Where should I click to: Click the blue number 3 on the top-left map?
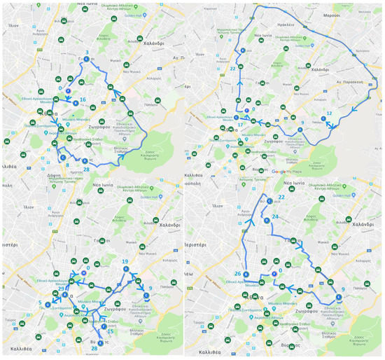86,53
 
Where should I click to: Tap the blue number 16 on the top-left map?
83,100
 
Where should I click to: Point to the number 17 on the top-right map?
240,125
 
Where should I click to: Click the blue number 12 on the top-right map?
329,113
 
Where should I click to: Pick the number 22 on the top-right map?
232,69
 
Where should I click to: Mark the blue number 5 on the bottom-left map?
40,303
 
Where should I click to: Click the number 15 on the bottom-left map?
110,331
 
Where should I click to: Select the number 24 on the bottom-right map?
275,217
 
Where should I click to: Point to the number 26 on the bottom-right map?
237,273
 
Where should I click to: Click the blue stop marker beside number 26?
246,274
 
